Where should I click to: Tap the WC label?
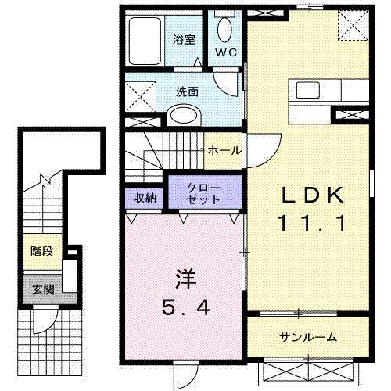[x=227, y=52]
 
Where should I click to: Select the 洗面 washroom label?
[x=188, y=91]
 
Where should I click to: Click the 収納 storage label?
[x=144, y=197]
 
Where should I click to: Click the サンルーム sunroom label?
[x=308, y=337]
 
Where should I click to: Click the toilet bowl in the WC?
[x=226, y=29]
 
